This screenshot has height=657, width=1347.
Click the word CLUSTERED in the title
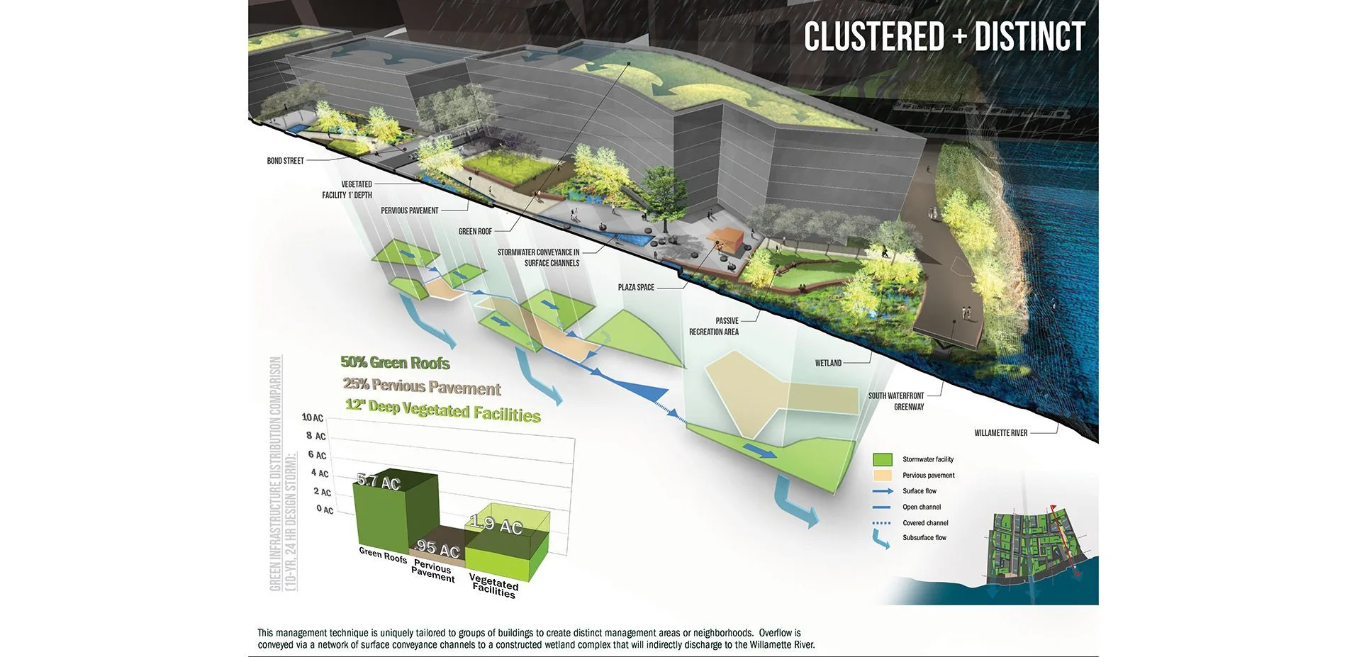point(875,37)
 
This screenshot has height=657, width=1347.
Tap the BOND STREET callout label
point(285,161)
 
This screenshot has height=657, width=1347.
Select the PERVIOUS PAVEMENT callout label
point(410,210)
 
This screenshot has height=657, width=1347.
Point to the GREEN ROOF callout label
point(475,232)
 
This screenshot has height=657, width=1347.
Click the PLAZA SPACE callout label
point(636,288)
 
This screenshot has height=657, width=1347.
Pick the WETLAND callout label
point(828,364)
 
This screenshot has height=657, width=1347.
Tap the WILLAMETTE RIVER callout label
point(1000,433)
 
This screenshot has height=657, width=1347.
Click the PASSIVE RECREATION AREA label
point(714,327)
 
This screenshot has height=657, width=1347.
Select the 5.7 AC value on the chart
point(379,482)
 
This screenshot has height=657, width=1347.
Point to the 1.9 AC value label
point(496,525)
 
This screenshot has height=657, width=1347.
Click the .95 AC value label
point(437,549)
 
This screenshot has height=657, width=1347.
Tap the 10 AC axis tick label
point(313,417)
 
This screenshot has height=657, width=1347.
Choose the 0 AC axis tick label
point(325,510)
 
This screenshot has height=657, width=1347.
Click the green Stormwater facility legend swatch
point(883,459)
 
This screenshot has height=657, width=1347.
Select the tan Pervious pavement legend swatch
point(883,475)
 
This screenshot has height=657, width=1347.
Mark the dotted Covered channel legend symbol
point(882,523)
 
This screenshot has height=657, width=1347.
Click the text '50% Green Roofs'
point(395,363)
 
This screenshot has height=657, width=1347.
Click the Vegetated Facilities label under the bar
point(493,585)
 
